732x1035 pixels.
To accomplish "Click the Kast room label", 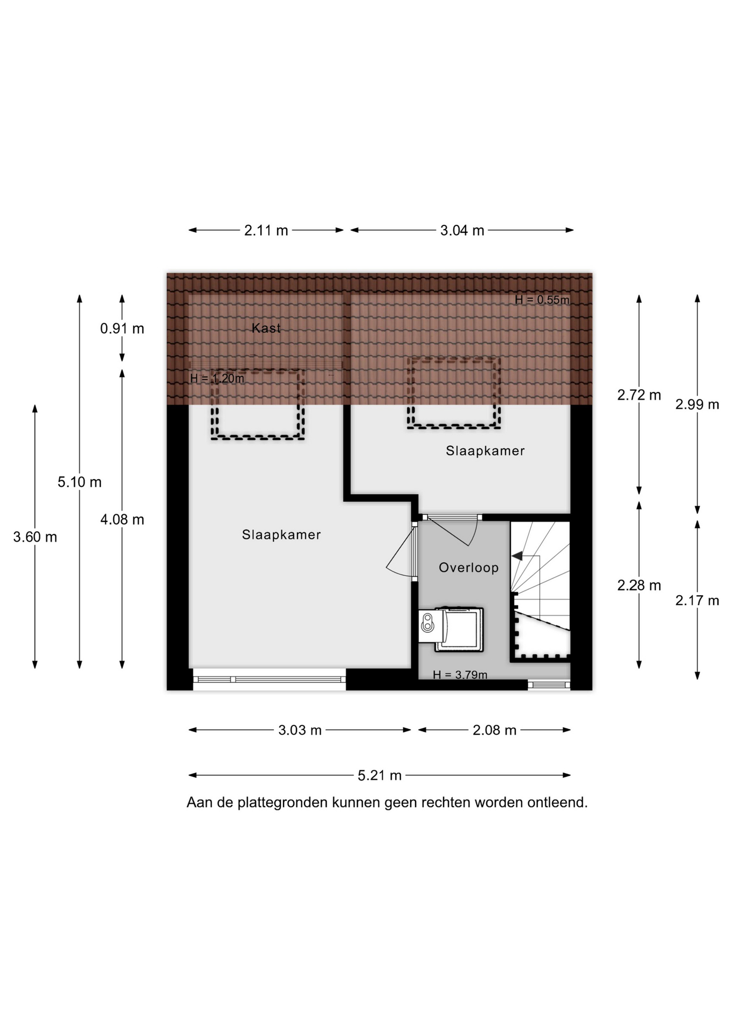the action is [x=266, y=328].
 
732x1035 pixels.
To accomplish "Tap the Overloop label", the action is [x=468, y=567].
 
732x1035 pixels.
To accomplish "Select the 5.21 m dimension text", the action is [x=379, y=775].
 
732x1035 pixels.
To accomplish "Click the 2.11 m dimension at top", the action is [x=266, y=230].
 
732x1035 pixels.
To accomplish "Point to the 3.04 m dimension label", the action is [x=462, y=230].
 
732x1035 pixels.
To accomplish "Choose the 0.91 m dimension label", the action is [x=122, y=328].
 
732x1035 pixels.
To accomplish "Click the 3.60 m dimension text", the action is [x=35, y=537].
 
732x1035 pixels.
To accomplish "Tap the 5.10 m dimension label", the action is [x=80, y=482].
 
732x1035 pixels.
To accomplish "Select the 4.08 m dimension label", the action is [x=122, y=520].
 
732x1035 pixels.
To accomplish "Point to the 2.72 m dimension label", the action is [x=639, y=395].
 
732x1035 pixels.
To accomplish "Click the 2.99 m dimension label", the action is [x=698, y=404].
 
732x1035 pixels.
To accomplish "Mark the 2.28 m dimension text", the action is [x=639, y=585].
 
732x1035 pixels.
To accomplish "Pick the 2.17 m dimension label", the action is [x=698, y=601].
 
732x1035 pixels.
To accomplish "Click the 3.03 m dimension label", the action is [x=300, y=730].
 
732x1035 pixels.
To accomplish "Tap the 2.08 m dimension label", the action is [x=494, y=730].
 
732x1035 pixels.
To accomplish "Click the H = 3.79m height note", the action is [x=460, y=674].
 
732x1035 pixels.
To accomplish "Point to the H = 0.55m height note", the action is [x=542, y=300].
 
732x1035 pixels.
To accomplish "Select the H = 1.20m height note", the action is [x=217, y=378].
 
